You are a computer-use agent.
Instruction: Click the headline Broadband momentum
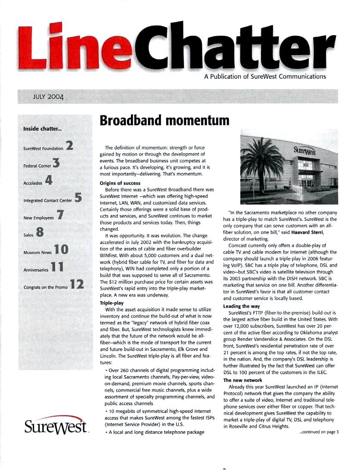pyautogui.click(x=164, y=121)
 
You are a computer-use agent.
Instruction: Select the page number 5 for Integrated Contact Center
pyautogui.click(x=78, y=198)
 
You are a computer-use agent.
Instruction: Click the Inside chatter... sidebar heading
pyautogui.click(x=42, y=128)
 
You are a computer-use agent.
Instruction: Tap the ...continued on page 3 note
pyautogui.click(x=319, y=433)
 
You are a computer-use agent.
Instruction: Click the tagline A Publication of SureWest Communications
pyautogui.click(x=265, y=77)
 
